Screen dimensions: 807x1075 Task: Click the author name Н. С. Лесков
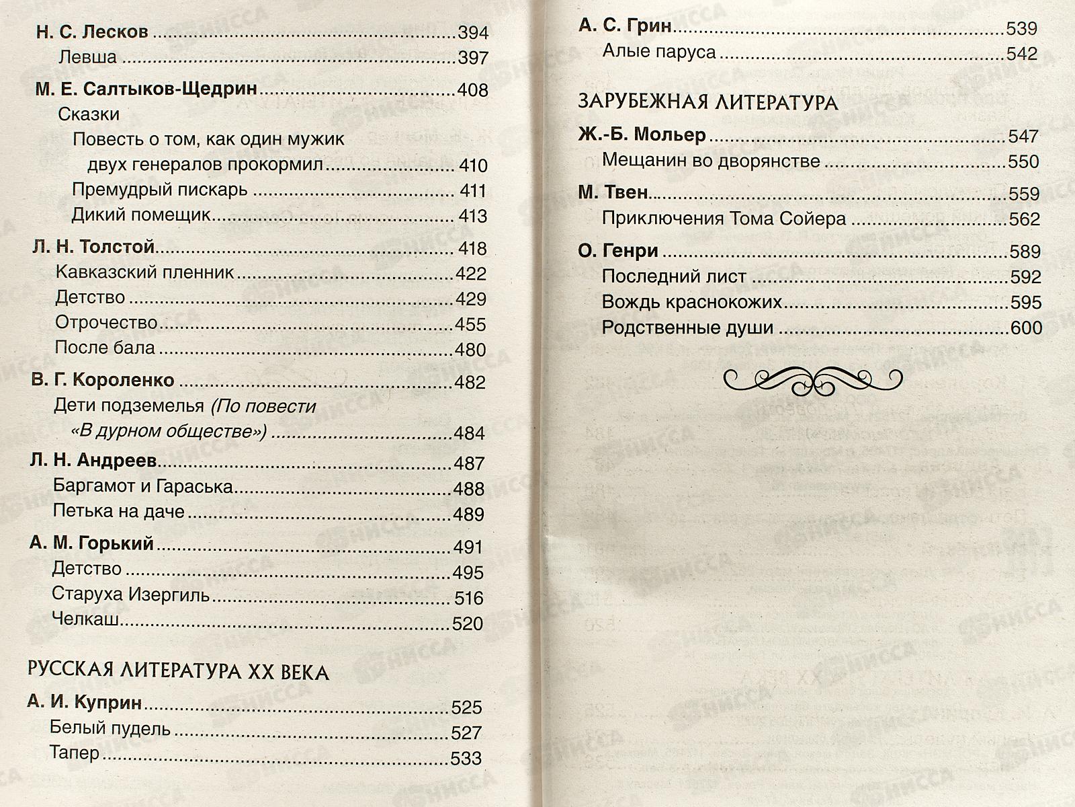[x=92, y=32]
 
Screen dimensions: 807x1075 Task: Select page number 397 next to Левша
[x=473, y=59]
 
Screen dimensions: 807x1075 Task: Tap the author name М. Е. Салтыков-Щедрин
[x=146, y=89]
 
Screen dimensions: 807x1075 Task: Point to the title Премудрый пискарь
[x=160, y=190]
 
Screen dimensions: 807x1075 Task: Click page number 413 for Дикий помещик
[x=473, y=217]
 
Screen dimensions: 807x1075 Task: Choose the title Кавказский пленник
[x=144, y=272]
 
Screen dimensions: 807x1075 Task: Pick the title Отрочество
[x=106, y=323]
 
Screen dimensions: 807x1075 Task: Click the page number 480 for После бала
[x=470, y=350]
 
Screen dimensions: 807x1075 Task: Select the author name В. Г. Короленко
[x=103, y=380]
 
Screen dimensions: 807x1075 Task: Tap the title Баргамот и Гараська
[x=142, y=486]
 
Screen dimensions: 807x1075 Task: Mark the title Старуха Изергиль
[x=130, y=595]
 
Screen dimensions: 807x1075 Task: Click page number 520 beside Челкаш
[x=468, y=624]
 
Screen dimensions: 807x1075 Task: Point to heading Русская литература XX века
[x=178, y=672]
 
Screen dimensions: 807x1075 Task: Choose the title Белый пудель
[x=110, y=728]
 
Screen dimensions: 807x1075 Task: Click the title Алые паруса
[x=659, y=52]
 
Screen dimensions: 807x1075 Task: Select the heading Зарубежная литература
[x=708, y=102]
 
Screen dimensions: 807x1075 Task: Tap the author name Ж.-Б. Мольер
[x=642, y=135]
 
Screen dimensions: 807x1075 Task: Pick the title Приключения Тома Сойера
[x=724, y=219]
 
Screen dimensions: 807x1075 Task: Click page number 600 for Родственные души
[x=1026, y=328]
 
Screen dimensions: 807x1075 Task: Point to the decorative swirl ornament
[x=813, y=381]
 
